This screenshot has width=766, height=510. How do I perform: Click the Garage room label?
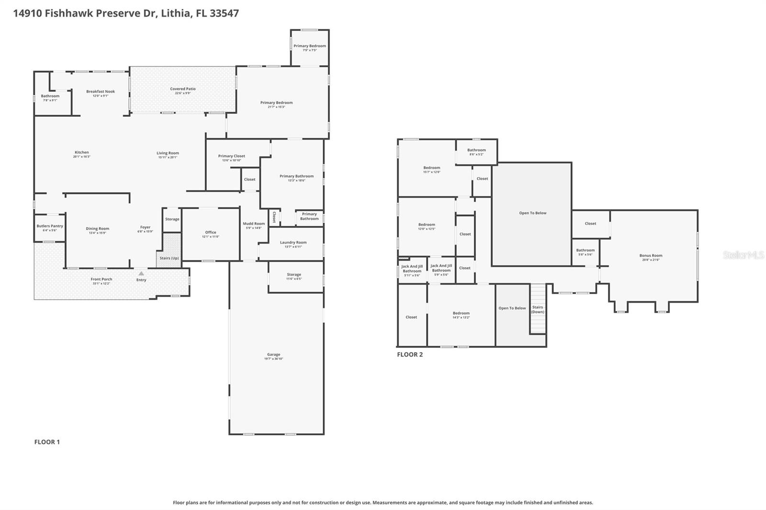pos(273,355)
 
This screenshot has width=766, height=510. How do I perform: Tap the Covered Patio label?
pos(183,89)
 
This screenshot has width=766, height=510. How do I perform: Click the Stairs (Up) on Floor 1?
pos(169,258)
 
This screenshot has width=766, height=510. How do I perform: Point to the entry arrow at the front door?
pos(141,273)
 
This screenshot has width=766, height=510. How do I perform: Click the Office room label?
pos(211,233)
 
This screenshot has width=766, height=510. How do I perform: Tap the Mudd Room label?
pos(253,223)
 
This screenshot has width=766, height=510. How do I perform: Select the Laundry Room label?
pos(293,243)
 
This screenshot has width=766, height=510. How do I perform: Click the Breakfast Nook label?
pos(101,91)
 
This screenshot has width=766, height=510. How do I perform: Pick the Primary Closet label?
pos(232,156)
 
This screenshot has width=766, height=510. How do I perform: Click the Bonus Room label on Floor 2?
pos(651,255)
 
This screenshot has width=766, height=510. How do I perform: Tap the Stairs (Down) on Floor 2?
pos(538,310)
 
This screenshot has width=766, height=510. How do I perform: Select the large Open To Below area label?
pos(532,213)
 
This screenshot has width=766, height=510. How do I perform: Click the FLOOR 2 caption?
pos(410,355)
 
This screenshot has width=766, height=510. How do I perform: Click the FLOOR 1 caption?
pos(47,442)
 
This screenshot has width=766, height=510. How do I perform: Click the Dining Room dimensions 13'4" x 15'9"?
pos(97,233)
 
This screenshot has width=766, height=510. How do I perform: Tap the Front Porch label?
pos(101,279)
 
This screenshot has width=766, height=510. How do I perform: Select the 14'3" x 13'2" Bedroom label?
pos(461,313)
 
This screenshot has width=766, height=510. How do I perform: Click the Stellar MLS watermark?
pos(743,255)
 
